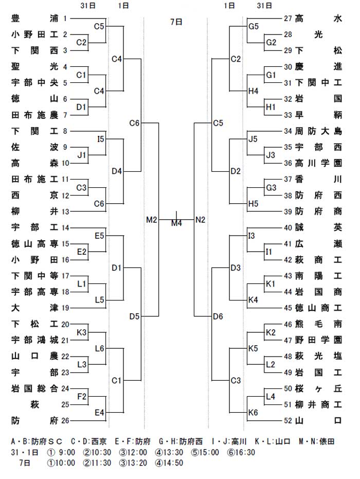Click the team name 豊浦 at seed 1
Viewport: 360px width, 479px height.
click(x=34, y=19)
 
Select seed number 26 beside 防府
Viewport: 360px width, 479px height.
click(x=65, y=421)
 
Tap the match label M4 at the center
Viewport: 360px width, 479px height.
click(x=176, y=223)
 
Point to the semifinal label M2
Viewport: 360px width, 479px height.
click(x=151, y=220)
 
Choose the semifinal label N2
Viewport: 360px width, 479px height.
click(x=200, y=220)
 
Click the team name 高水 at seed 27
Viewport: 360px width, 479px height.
click(x=318, y=19)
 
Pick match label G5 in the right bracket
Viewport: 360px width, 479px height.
click(x=254, y=27)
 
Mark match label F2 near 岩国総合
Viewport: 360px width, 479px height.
click(x=82, y=397)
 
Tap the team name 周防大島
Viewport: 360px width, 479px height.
click(x=318, y=131)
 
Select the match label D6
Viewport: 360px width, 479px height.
click(x=218, y=316)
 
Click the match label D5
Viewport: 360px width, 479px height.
click(x=134, y=316)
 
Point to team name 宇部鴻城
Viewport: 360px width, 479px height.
click(x=34, y=340)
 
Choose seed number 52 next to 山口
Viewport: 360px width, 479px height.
click(x=288, y=421)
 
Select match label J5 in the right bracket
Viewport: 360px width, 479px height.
click(x=253, y=139)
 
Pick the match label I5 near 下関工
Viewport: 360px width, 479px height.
click(x=101, y=139)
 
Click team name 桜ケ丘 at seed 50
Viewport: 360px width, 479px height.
click(x=318, y=388)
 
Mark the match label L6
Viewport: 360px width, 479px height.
click(x=100, y=348)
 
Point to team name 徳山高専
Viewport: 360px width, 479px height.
click(x=34, y=244)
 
